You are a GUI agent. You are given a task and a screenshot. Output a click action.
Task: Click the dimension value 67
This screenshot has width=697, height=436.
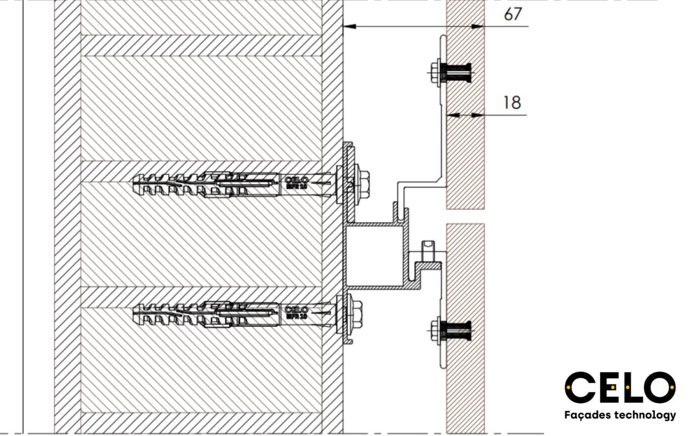coord(512,14)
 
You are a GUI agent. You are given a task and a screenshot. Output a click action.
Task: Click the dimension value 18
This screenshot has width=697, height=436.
coord(512,103)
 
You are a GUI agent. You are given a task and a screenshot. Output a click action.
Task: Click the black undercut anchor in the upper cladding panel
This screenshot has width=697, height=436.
coord(460,73)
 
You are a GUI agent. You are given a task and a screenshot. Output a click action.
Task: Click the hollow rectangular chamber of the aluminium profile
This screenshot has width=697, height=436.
coord(374,256)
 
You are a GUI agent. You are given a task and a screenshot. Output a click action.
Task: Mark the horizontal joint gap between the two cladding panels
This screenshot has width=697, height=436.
coord(465,216)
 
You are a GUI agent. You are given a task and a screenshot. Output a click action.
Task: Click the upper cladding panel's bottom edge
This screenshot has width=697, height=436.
coord(465,207)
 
